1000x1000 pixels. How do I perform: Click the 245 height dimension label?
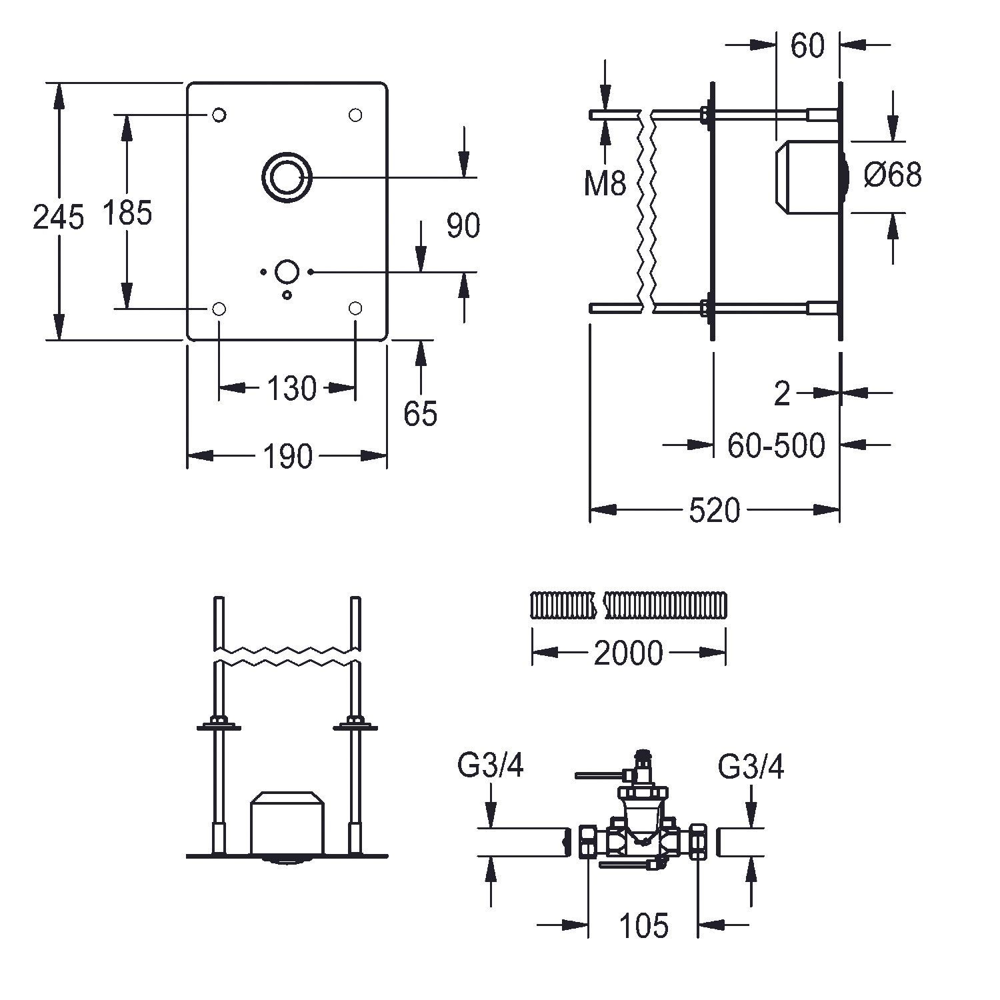click(59, 217)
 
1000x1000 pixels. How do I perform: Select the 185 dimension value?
click(127, 213)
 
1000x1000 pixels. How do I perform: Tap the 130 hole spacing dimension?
click(291, 388)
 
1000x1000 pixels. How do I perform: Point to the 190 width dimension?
click(287, 457)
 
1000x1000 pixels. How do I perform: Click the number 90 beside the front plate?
click(463, 226)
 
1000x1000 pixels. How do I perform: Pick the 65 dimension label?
click(420, 413)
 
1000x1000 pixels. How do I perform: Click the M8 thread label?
click(605, 183)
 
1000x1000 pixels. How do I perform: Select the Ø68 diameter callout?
click(893, 175)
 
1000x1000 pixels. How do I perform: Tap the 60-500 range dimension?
click(776, 445)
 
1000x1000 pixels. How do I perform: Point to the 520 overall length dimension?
click(714, 511)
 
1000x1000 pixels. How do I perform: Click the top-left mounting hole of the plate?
click(219, 115)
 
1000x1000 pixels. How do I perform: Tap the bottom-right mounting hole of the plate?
click(355, 308)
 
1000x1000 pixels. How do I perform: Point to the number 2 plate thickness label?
click(782, 394)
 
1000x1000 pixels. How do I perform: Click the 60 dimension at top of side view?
click(807, 45)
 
